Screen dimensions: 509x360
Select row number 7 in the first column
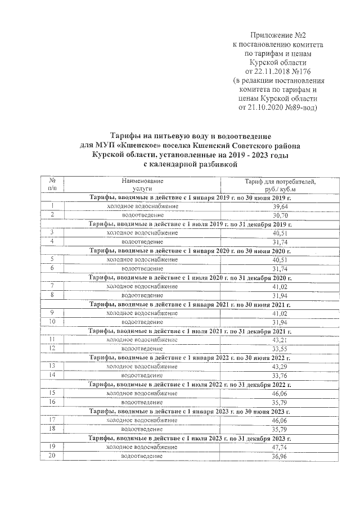click(52, 286)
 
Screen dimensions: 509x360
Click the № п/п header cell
click(52, 185)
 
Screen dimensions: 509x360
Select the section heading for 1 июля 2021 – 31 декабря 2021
click(190, 331)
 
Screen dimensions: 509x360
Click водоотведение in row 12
click(142, 349)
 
